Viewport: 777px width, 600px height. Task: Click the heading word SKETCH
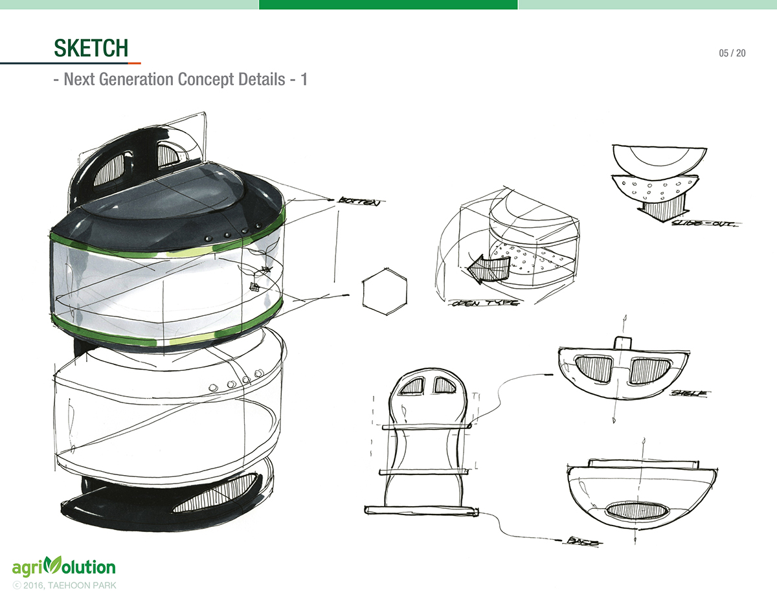pos(91,48)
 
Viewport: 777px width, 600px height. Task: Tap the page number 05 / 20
pos(732,53)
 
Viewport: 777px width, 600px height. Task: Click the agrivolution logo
pos(63,568)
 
